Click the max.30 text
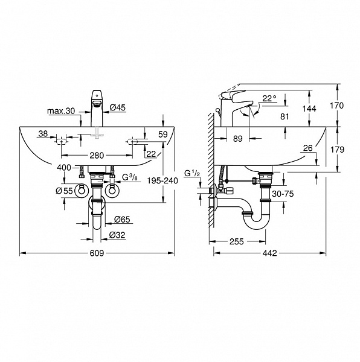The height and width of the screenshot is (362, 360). point(62,110)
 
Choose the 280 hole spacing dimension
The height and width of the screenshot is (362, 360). point(96,155)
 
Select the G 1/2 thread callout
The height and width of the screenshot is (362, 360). point(193,174)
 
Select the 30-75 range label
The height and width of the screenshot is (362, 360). point(282,194)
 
